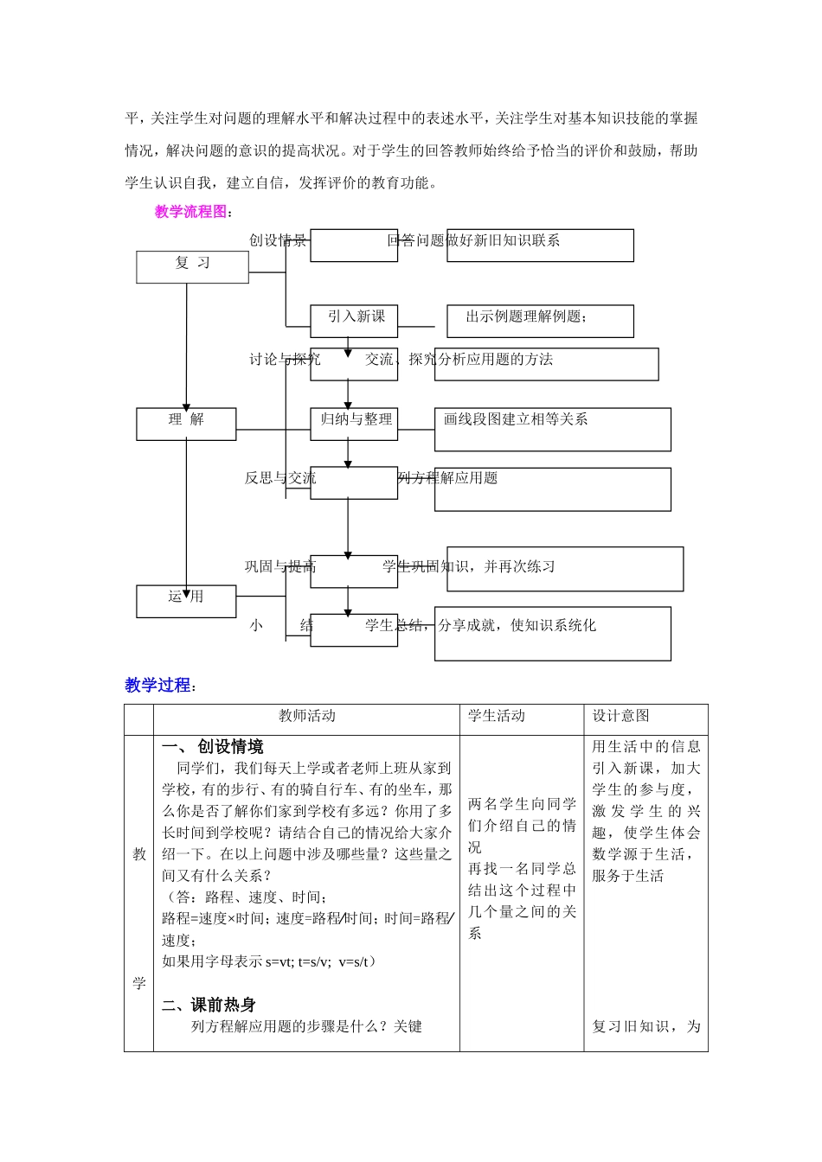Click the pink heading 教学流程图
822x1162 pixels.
point(190,212)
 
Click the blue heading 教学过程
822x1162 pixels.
point(157,686)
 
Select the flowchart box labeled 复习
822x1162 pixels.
point(192,266)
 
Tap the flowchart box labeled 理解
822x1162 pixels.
point(186,424)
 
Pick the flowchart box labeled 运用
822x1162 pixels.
point(186,601)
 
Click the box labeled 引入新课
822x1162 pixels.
point(354,321)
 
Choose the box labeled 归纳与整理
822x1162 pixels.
point(354,424)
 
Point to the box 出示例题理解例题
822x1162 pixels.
point(540,321)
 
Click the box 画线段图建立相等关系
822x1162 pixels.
point(552,429)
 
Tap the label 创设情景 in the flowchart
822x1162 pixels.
point(278,240)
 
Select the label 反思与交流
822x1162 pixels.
point(279,478)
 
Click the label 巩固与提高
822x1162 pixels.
point(279,567)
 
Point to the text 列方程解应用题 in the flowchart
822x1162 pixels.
point(448,478)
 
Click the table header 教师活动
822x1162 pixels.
point(306,716)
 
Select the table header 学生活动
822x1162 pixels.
point(497,716)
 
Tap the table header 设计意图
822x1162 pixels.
point(620,716)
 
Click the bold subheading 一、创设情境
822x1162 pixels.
point(213,747)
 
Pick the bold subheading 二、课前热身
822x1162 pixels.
point(209,1005)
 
